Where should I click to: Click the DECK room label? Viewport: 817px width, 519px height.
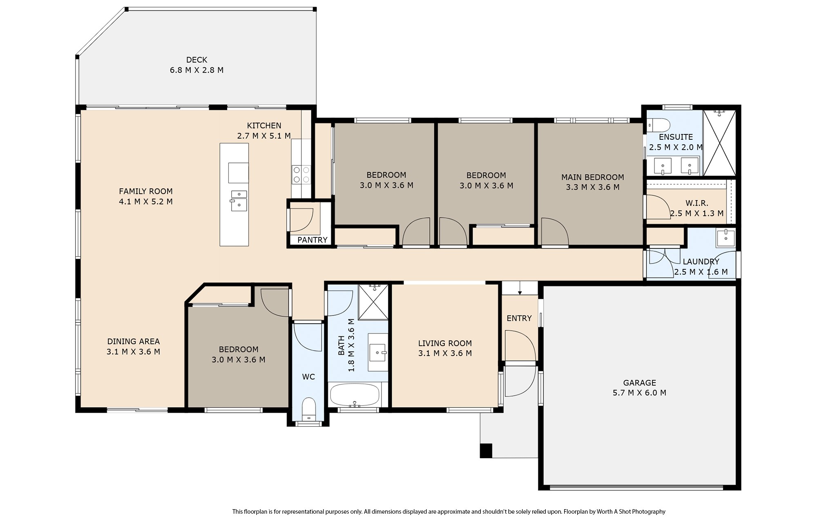(196, 60)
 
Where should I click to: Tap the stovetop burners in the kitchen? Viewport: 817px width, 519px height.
(301, 174)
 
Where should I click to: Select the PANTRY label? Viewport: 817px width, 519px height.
(312, 240)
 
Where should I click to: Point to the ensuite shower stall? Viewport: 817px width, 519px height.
(719, 143)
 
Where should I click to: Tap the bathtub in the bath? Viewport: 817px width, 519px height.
(354, 395)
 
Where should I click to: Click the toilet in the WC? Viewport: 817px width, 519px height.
(308, 409)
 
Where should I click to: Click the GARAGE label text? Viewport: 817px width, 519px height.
(639, 383)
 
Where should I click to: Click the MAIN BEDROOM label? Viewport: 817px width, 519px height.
(592, 177)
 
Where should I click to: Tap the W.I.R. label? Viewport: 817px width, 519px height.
(697, 203)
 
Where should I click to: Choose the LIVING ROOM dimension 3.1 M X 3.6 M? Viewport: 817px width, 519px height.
(445, 353)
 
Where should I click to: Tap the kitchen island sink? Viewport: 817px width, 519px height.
(239, 201)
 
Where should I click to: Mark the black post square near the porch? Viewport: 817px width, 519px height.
(486, 451)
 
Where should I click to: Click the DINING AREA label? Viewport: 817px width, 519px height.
(133, 341)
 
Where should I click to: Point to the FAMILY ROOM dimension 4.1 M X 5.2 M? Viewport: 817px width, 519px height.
(145, 201)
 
